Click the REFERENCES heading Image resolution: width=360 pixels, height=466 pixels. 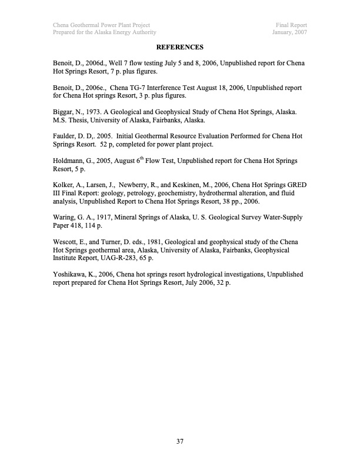coord(180,46)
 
